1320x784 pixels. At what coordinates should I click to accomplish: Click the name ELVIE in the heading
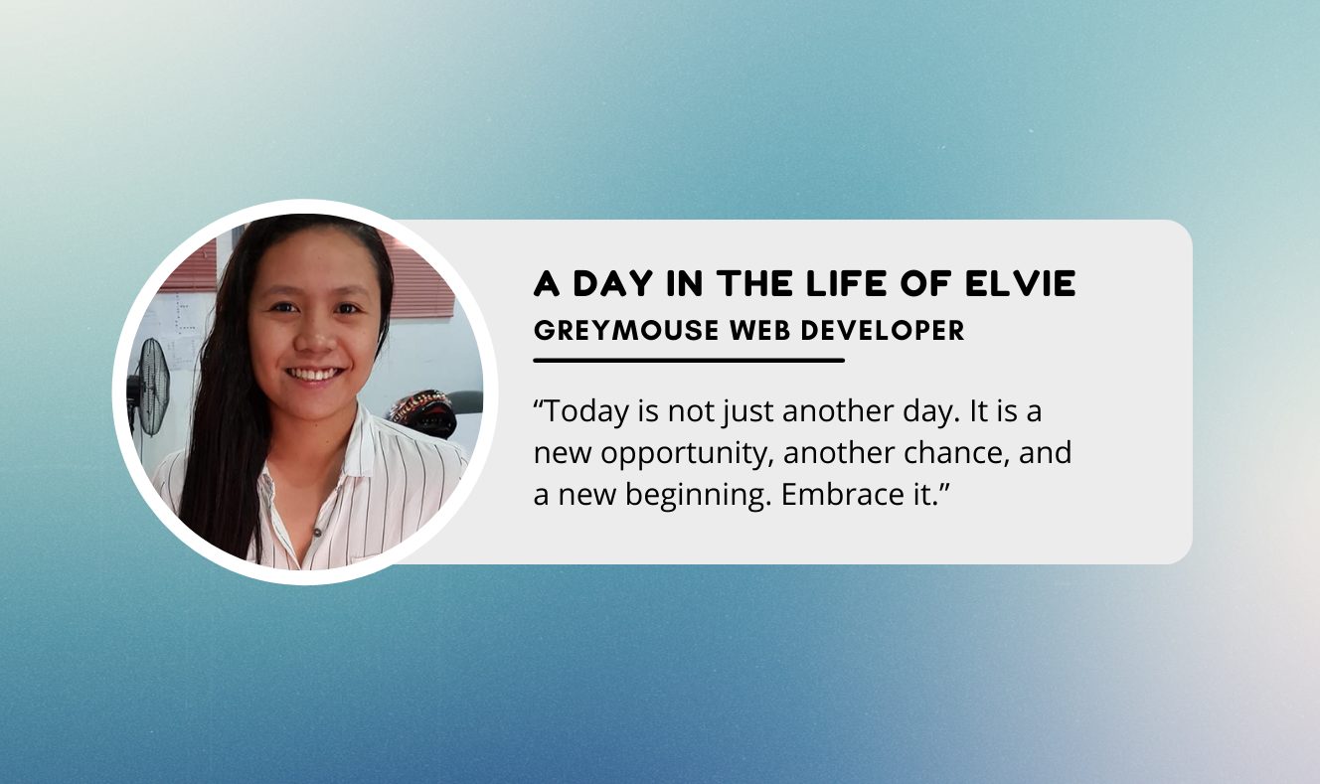click(1021, 283)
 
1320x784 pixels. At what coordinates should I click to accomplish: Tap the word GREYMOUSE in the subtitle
click(626, 330)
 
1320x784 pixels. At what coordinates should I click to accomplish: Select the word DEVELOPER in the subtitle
click(883, 330)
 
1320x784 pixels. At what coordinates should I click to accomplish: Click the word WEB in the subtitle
click(759, 330)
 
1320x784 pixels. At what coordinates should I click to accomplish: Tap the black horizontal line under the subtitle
click(689, 360)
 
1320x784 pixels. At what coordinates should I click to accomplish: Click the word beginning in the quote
click(699, 496)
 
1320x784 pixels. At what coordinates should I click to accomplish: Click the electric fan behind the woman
click(150, 388)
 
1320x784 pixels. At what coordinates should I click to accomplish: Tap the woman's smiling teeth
click(315, 375)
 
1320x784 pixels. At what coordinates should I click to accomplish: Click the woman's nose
click(315, 338)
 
